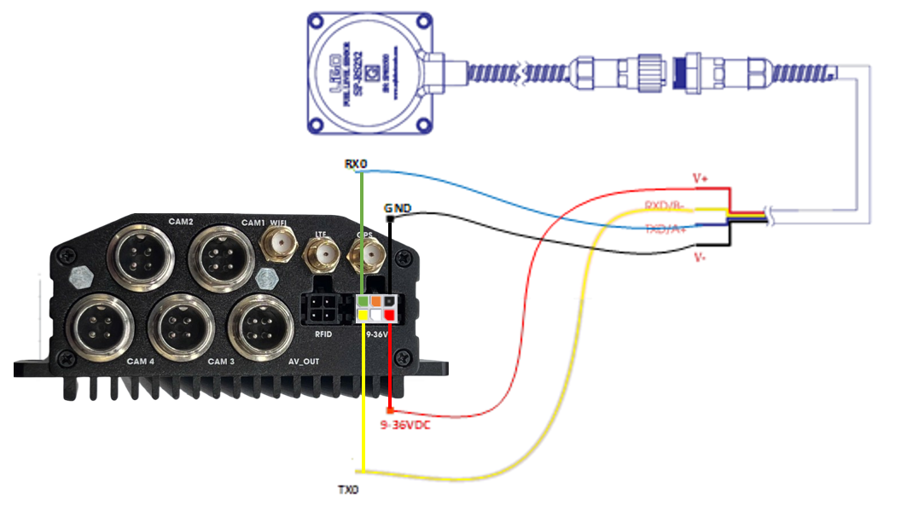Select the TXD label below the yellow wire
[349, 490]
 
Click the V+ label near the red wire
[701, 178]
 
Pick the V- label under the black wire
[699, 256]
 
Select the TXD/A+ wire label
[666, 229]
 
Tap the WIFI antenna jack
[278, 247]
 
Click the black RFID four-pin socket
[323, 308]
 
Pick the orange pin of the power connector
[375, 301]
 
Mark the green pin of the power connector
[363, 301]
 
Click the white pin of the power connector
[376, 316]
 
